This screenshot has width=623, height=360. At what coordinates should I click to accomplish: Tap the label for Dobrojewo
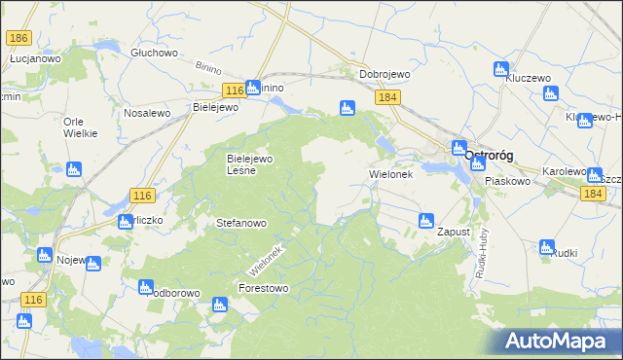point(384,74)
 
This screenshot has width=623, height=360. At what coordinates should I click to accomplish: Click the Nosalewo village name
point(147,113)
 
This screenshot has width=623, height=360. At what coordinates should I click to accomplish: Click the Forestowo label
point(264,289)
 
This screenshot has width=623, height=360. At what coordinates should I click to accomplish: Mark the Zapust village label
point(454,233)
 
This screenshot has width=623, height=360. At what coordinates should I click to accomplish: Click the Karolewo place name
point(564,171)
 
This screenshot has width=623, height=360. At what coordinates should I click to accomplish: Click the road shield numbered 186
point(18,38)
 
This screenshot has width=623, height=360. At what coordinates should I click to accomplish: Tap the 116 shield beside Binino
point(232,90)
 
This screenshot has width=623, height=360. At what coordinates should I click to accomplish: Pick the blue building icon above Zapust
point(425,221)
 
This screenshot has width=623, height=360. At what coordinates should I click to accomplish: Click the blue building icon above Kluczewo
point(501,69)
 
